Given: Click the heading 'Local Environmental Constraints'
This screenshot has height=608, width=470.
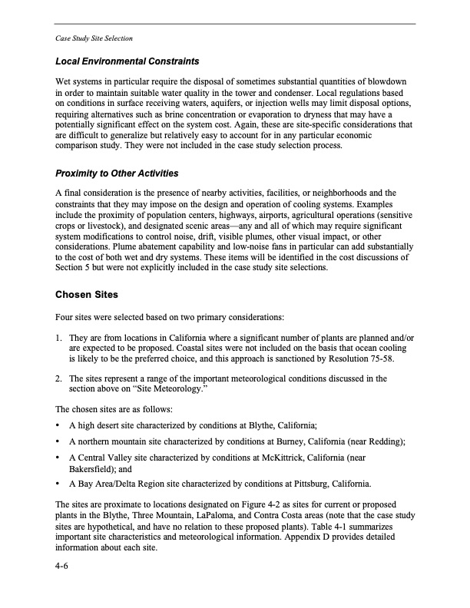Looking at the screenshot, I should point(127,61).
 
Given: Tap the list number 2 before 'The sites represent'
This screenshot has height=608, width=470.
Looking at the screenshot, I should point(59,378).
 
